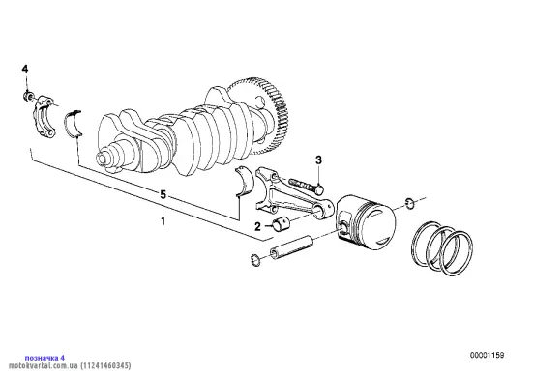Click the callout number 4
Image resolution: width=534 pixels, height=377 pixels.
[x=25, y=69]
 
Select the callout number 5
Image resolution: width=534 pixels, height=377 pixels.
[x=163, y=195]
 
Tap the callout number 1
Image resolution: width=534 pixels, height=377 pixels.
[x=163, y=220]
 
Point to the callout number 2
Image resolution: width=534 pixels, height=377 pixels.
[x=257, y=226]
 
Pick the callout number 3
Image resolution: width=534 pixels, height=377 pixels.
[x=318, y=159]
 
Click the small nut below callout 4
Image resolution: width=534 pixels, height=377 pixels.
[x=28, y=97]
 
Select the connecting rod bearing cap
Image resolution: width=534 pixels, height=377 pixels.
[x=44, y=117]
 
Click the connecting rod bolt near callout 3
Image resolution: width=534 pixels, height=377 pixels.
[x=306, y=186]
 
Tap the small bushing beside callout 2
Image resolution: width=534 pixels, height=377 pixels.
[x=282, y=224]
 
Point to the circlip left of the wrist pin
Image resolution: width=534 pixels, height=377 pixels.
[x=255, y=260]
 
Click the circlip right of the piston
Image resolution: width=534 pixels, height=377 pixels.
[x=410, y=203]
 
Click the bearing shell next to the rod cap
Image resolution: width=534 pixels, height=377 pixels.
[x=74, y=124]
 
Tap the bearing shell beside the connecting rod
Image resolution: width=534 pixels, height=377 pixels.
[x=244, y=181]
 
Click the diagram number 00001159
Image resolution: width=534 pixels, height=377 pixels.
[x=488, y=355]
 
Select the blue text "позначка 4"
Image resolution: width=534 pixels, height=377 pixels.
[x=44, y=358]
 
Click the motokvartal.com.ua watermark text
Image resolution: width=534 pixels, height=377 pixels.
[x=70, y=366]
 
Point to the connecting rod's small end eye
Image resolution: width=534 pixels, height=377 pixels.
[x=323, y=209]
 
